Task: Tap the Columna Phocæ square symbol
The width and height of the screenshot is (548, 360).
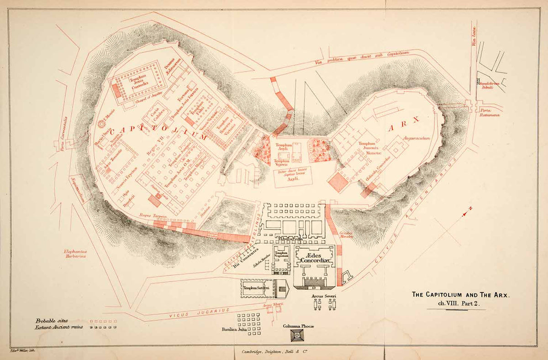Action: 297,336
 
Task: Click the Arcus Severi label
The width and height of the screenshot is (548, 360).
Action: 324,297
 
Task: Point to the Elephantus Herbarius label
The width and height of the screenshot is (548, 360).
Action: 75,254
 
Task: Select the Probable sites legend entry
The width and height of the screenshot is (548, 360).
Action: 52,321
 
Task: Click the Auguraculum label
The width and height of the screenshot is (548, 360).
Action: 416,137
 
